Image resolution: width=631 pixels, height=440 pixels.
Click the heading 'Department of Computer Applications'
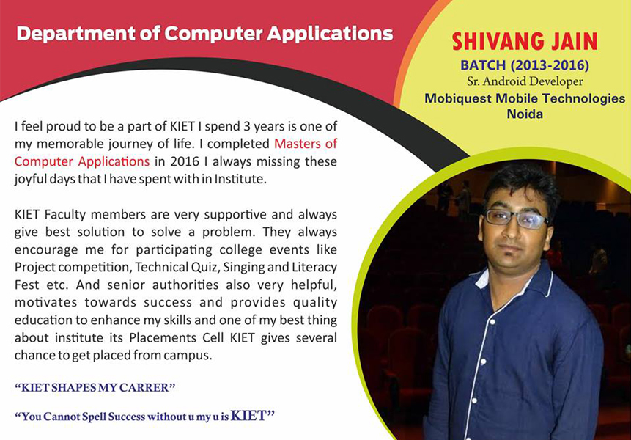click(204, 34)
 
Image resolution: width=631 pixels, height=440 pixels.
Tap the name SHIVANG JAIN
click(524, 40)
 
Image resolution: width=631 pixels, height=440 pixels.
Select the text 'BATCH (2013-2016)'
click(524, 65)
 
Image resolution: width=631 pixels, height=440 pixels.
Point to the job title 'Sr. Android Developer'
click(524, 81)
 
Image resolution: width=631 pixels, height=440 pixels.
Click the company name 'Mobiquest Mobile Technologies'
click(524, 98)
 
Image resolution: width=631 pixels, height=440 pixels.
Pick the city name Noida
click(524, 114)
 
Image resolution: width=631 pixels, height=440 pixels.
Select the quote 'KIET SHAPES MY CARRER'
click(95, 386)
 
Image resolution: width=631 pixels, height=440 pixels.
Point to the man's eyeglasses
click(517, 218)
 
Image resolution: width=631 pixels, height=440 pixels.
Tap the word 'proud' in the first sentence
click(60, 126)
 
